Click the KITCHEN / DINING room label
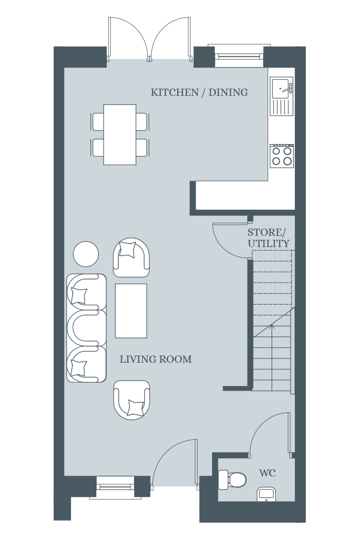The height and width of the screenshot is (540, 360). (199, 93)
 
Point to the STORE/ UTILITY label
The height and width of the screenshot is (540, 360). (268, 238)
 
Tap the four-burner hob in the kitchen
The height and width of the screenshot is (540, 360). (282, 156)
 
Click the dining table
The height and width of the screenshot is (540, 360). (120, 135)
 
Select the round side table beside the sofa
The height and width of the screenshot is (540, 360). (86, 254)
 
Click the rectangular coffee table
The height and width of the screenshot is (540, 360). (131, 311)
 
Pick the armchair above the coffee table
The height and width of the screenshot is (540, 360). (131, 257)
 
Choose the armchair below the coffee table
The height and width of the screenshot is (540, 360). (132, 400)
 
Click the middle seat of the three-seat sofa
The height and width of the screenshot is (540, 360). (86, 328)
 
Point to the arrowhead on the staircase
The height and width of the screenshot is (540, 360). (272, 326)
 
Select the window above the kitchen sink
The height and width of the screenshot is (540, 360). (239, 56)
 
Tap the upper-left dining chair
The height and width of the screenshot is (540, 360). (98, 122)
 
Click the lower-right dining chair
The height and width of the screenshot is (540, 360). (142, 148)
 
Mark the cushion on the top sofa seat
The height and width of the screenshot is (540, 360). (79, 296)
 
